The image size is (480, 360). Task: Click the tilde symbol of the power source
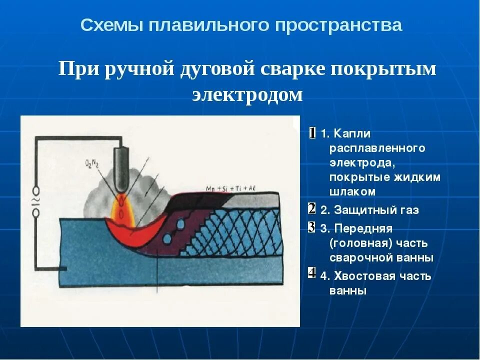point(36,202)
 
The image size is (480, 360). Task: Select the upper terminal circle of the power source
point(36,190)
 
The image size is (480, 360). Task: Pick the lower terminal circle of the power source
point(36,213)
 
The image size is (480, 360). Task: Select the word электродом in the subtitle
point(247,94)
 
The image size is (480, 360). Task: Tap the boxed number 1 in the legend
point(312,133)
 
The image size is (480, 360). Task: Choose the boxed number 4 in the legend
point(311,273)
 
